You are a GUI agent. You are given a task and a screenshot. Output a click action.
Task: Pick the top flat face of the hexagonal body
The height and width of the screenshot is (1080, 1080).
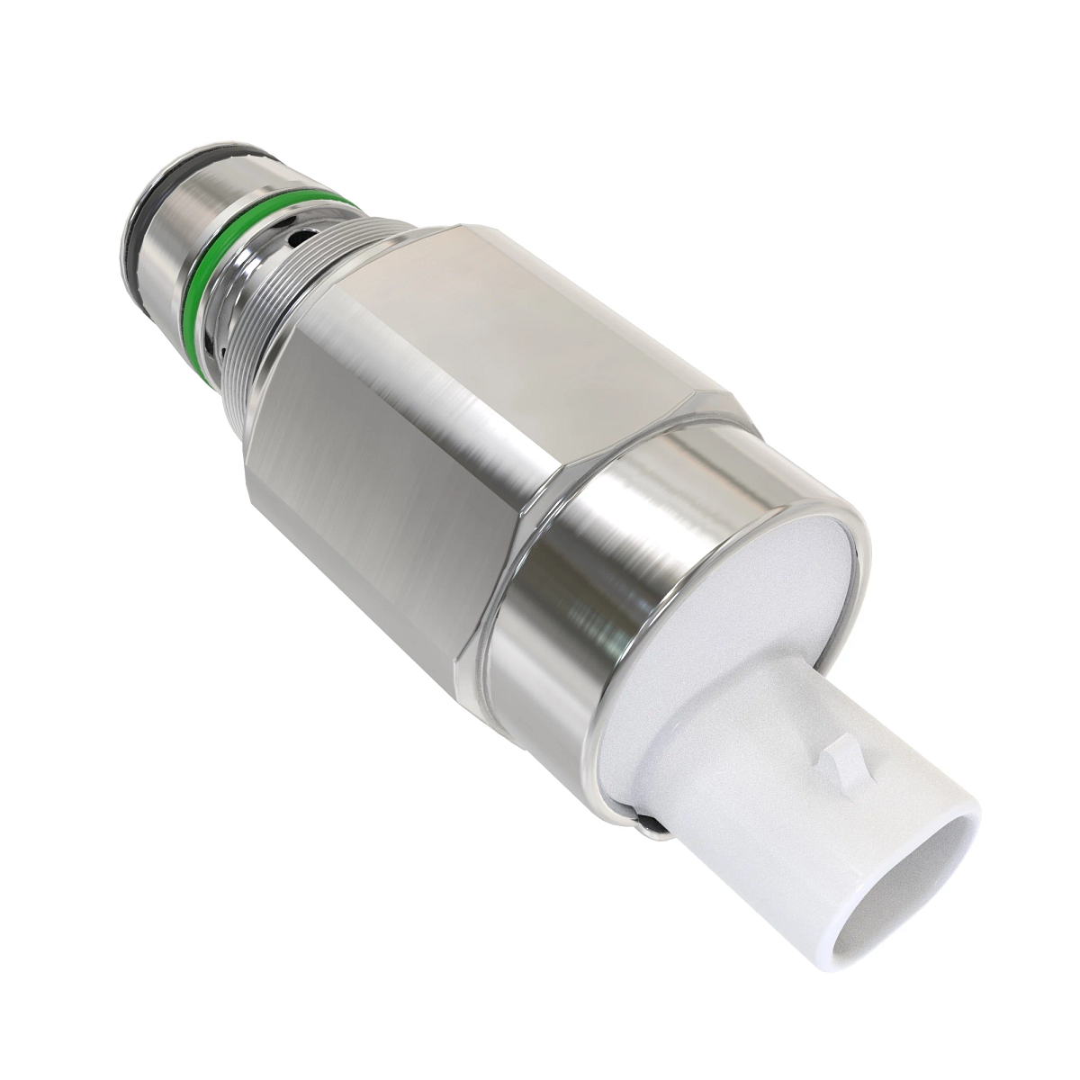[576, 306]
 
